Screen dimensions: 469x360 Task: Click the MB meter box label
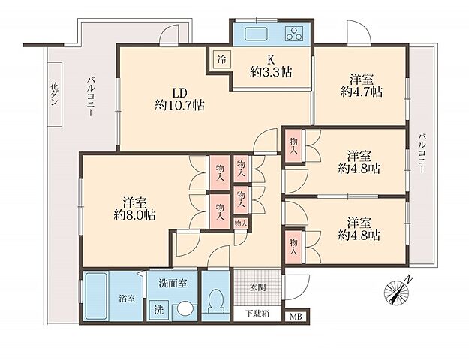[296, 316]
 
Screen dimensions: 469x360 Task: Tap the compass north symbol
[398, 291]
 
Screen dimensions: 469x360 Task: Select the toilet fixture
[215, 301]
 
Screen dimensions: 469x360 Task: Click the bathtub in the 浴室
[96, 295]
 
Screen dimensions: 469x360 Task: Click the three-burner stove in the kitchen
[294, 34]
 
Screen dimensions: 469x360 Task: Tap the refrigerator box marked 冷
[221, 59]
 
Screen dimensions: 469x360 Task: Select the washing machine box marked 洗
[159, 310]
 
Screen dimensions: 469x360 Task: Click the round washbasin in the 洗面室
[184, 308]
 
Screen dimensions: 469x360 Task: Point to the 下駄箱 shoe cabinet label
[257, 313]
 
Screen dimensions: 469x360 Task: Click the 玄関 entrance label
[257, 288]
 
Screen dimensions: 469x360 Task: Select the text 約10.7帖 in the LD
[180, 105]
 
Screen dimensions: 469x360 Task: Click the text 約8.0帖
[135, 215]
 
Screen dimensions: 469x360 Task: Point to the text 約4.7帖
[362, 91]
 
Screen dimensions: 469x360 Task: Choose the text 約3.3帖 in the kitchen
[271, 72]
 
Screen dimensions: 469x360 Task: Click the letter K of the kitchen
[271, 60]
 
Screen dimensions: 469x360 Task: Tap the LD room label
[180, 93]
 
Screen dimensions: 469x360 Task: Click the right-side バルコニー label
[422, 154]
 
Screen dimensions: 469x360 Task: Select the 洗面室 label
[173, 283]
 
